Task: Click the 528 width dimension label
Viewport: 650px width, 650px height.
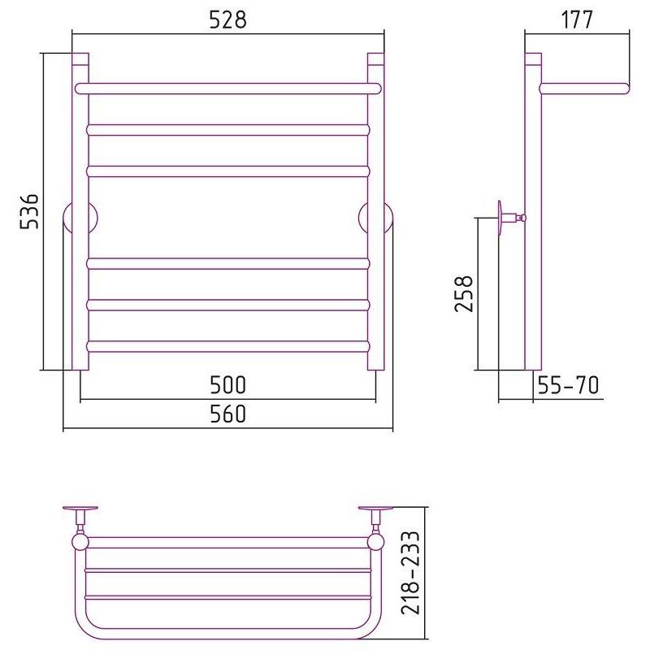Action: (227, 19)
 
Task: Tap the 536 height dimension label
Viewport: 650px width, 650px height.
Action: (29, 211)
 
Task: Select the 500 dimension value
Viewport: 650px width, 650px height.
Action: (228, 384)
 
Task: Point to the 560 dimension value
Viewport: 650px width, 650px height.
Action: (228, 414)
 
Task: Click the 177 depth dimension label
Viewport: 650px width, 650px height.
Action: (577, 19)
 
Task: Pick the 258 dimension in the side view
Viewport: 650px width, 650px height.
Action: (464, 293)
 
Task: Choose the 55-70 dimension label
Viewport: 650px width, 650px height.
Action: (568, 384)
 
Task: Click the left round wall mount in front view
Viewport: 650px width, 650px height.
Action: (80, 218)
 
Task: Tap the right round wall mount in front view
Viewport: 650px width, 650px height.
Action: (376, 218)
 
